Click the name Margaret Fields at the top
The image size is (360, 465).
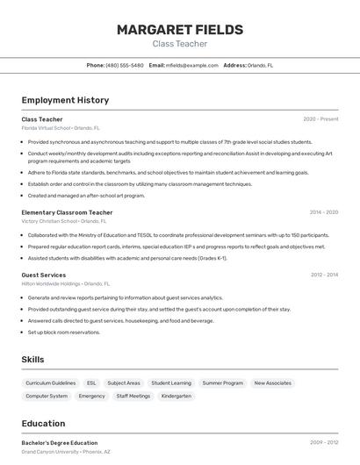180,30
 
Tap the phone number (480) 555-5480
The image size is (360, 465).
124,65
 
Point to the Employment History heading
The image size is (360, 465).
65,101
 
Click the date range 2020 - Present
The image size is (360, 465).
320,119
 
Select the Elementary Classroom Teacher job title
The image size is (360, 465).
67,212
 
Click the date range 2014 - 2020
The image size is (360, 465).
323,212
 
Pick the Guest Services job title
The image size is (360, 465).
44,275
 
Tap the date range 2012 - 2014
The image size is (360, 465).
324,275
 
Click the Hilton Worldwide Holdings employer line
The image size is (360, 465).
65,284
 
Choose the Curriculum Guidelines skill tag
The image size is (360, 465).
51,383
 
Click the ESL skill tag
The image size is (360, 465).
91,383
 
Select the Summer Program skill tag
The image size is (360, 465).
222,383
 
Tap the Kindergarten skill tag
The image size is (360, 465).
176,396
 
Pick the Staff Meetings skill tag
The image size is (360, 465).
133,396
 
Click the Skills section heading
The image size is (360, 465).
33,360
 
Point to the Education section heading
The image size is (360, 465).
43,423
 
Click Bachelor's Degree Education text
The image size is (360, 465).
60,443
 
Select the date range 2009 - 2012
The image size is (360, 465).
324,443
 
